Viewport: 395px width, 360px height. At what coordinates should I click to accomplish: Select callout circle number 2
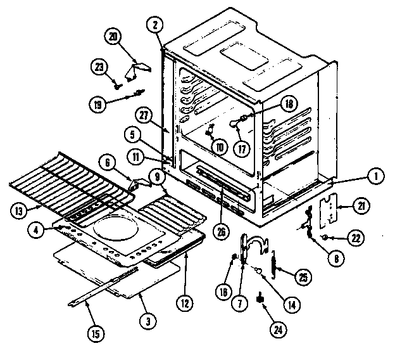(154, 26)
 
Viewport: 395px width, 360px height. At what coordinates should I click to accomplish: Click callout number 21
(361, 206)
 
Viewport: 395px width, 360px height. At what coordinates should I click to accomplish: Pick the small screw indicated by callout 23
(117, 80)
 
